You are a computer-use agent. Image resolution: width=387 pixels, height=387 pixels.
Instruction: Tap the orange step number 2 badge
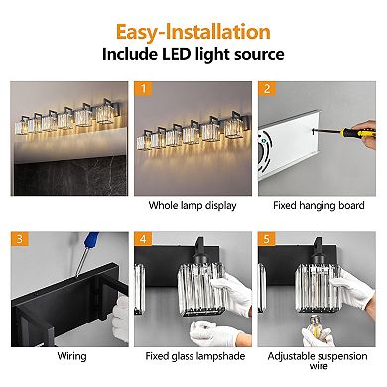coord(267,88)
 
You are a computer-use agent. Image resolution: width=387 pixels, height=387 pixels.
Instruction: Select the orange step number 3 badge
coord(18,238)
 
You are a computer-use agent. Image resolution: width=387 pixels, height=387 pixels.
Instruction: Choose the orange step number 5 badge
coord(267,238)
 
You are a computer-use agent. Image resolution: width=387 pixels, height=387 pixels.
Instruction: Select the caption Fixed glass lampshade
coord(193,354)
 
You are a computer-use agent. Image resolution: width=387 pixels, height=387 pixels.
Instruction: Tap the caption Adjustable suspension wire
coord(319,360)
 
